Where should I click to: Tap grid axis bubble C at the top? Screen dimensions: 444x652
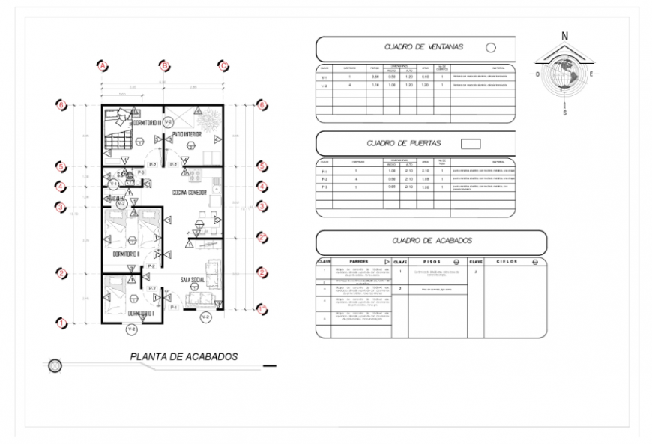(223, 65)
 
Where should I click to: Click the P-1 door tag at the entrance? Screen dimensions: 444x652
(173, 307)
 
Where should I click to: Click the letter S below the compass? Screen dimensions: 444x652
(564, 112)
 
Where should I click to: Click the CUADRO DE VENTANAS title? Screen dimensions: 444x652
(423, 47)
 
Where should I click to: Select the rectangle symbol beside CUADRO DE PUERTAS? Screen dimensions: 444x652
(470, 142)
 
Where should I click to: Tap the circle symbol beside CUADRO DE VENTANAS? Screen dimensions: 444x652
(491, 47)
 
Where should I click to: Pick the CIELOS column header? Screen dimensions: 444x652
(506, 262)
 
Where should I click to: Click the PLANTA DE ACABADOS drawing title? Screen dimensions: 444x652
(184, 356)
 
